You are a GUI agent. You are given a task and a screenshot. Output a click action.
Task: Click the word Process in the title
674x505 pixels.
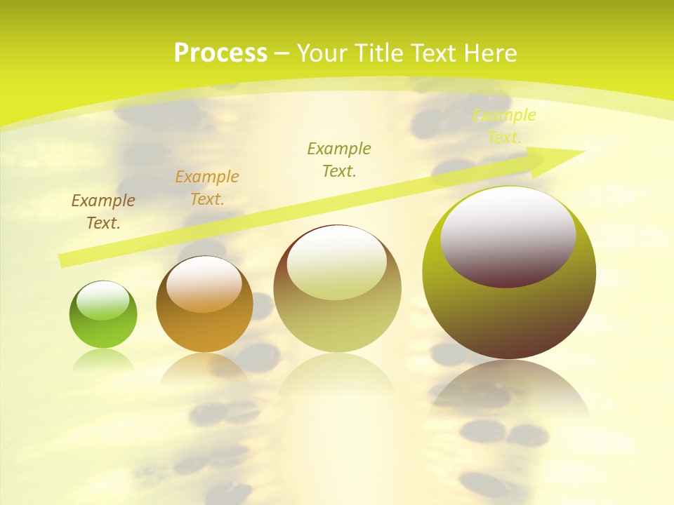[x=220, y=53]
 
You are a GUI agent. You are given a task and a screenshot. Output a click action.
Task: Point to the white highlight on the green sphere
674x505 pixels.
[x=103, y=301]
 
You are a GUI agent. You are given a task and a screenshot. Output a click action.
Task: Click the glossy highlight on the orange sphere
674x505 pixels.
[x=204, y=283]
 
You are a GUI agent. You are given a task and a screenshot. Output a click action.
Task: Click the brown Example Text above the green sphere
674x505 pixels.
[x=103, y=212]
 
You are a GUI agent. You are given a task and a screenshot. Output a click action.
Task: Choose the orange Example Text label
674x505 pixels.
[x=207, y=188]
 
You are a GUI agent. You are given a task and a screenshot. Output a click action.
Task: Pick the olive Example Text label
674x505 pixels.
[x=339, y=160]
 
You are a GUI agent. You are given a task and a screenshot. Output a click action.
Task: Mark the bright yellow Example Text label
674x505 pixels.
[x=504, y=126]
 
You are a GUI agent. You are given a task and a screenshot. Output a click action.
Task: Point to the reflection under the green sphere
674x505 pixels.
[x=103, y=358]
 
